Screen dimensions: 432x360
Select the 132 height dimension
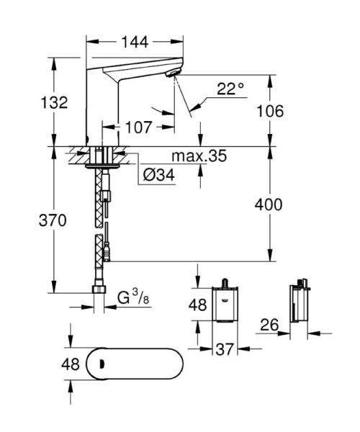[x=54, y=102]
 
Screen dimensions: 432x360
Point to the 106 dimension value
[x=269, y=111]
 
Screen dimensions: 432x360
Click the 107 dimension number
[x=138, y=127]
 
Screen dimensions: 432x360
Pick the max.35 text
[x=199, y=156]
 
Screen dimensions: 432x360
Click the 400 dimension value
[x=269, y=204]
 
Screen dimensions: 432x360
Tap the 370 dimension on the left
[x=53, y=220]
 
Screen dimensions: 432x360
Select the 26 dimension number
[x=270, y=326]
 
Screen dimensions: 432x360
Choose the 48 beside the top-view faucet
[x=70, y=364]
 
